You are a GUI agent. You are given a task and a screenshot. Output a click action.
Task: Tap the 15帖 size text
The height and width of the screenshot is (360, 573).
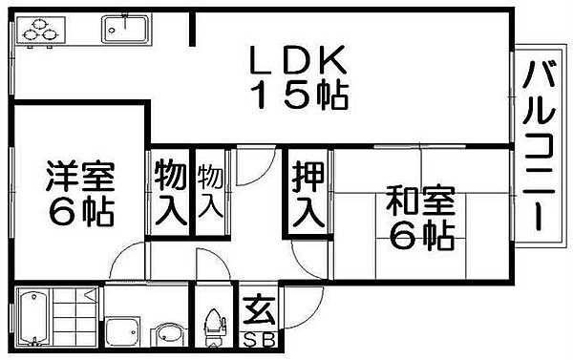coord(299,95)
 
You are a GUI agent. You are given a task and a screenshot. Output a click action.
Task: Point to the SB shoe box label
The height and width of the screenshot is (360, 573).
coord(256,341)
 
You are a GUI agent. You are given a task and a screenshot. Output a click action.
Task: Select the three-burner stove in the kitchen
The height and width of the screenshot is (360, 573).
coord(36,32)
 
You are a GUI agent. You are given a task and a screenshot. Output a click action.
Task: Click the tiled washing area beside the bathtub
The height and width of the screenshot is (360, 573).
coord(74,321)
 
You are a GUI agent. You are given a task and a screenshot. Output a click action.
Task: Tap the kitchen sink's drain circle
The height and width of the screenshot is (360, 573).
coord(114,29)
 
